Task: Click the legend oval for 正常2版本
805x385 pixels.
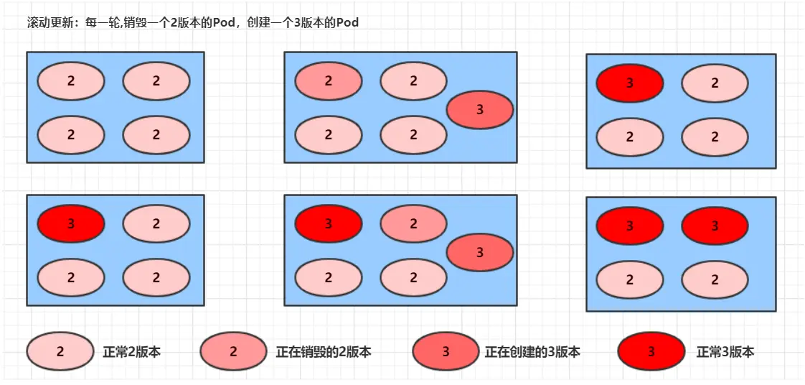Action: click(x=60, y=352)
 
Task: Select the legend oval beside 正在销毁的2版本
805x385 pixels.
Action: click(x=234, y=352)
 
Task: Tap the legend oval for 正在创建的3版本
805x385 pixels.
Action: click(x=446, y=352)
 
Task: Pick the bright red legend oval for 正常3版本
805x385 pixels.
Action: click(x=651, y=352)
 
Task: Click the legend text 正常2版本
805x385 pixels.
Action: click(x=132, y=352)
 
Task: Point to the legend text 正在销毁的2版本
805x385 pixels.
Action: click(x=324, y=352)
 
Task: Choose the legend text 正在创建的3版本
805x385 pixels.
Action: click(x=532, y=352)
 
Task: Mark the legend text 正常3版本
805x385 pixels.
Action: click(x=725, y=352)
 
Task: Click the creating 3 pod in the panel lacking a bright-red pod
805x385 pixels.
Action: click(x=480, y=110)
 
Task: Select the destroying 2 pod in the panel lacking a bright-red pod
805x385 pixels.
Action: click(x=329, y=81)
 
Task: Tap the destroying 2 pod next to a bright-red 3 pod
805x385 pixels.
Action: click(x=414, y=224)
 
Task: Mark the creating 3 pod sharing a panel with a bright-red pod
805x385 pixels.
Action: click(x=480, y=252)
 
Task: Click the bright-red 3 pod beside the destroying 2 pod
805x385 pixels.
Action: click(x=329, y=224)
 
